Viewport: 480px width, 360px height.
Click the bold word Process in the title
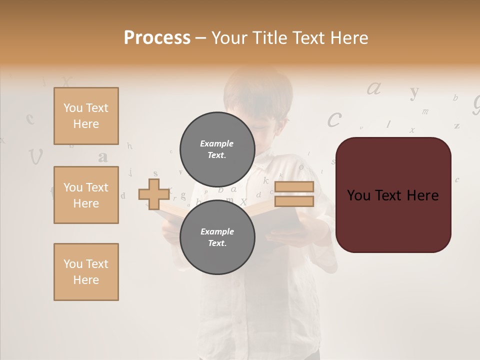[157, 37]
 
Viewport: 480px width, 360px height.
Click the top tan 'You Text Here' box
[86, 116]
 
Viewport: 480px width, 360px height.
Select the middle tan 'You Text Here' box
[86, 195]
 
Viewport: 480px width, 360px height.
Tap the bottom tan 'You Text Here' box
[86, 272]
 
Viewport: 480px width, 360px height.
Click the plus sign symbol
[153, 194]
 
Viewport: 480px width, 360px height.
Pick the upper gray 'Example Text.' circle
[217, 149]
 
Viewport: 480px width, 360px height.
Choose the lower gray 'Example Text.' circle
[217, 237]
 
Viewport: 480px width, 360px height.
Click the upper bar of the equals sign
[294, 187]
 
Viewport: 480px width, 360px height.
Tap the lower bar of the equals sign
[294, 201]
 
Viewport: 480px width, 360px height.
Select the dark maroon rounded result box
[393, 195]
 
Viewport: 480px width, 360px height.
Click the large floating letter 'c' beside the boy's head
[334, 120]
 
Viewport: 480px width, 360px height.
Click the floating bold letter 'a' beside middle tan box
[103, 157]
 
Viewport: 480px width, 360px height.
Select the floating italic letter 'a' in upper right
[374, 89]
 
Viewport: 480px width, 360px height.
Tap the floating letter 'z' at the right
[456, 126]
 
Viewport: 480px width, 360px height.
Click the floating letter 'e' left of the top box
[30, 118]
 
